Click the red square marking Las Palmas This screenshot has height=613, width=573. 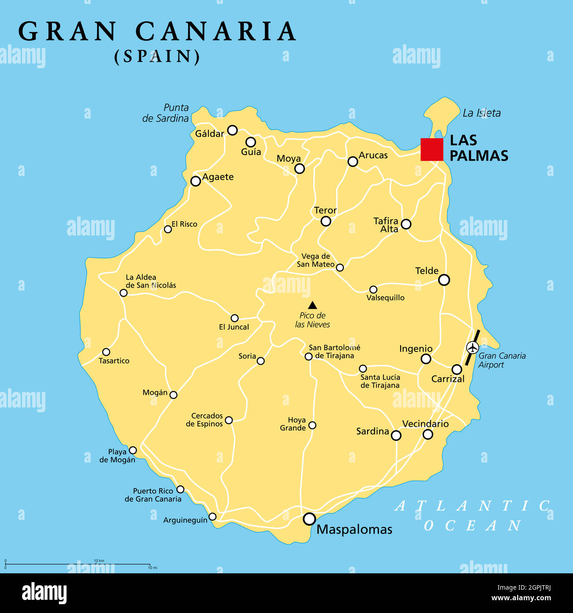[432, 150]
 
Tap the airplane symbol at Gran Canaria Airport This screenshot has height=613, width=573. [472, 348]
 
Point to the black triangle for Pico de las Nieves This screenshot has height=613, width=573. [313, 305]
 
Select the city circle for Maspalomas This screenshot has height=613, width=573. [309, 519]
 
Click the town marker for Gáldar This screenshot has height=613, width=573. [232, 130]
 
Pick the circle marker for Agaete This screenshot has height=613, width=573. [195, 181]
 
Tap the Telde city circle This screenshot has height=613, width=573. [444, 280]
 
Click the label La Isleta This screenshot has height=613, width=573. [481, 113]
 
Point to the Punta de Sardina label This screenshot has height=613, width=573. [166, 113]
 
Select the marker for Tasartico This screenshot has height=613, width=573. [106, 352]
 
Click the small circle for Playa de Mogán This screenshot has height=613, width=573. [133, 450]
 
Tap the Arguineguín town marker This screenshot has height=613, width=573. [212, 516]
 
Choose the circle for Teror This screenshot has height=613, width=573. [326, 221]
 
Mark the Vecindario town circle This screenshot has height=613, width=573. [428, 434]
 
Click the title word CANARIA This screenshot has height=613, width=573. [216, 32]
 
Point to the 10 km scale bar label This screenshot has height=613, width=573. [99, 561]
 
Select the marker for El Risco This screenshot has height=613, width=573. [168, 229]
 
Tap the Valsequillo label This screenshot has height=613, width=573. [385, 298]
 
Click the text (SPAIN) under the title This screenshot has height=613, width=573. [157, 56]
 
